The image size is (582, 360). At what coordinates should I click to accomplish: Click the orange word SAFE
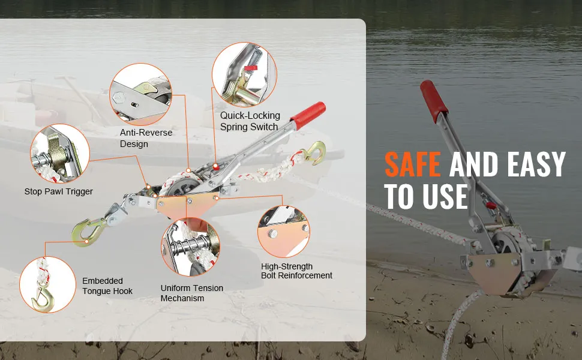412,164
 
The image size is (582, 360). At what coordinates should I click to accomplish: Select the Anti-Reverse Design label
146,138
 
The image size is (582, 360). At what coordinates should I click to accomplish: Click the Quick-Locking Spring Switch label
250,121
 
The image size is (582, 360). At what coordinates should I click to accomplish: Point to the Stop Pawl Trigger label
59,191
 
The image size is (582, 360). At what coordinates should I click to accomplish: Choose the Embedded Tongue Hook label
107,286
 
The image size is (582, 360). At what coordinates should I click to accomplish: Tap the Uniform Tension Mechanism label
192,293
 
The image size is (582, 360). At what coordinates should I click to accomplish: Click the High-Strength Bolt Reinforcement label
296,271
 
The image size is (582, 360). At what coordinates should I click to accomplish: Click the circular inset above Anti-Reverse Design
140,94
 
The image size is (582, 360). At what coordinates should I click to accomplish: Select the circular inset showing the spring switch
244,74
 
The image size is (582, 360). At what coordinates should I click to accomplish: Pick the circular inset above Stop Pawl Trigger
60,153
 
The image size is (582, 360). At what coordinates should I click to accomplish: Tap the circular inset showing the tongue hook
47,284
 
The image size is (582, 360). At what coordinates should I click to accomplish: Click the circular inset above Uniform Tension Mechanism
190,247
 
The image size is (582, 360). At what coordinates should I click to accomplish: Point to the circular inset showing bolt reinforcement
284,232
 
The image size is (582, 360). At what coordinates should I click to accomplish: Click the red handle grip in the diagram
308,115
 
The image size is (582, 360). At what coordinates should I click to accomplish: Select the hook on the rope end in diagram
315,152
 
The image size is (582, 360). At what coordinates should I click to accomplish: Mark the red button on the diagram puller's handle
215,167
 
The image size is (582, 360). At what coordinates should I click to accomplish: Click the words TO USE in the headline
426,196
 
